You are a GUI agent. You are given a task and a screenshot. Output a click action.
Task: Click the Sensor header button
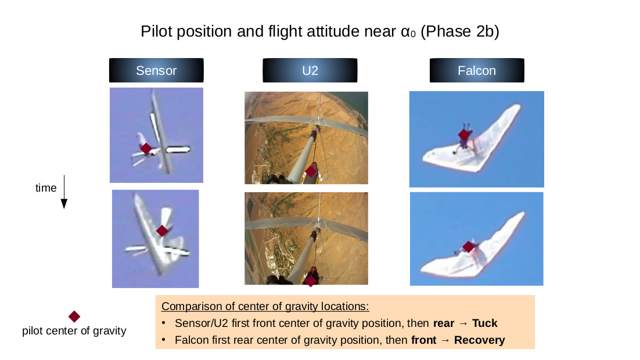coord(156,70)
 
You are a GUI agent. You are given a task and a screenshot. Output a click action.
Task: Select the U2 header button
coord(310,70)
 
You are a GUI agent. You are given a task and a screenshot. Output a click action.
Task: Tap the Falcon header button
coord(477,70)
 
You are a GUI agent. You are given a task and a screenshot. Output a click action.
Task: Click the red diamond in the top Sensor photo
coord(146,148)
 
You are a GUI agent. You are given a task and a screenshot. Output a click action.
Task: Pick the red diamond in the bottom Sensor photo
coord(162,231)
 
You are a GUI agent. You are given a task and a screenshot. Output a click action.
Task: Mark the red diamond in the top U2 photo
coord(311,171)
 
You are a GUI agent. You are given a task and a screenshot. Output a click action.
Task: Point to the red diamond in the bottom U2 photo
coord(311,281)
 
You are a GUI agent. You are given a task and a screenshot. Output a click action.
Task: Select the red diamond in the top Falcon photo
coord(464,134)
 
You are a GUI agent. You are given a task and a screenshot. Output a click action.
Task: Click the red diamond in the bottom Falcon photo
coord(469,247)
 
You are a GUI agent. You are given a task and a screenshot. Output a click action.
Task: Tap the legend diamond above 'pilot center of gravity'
coord(74,316)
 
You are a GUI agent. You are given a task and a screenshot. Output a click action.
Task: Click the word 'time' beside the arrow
coord(46,188)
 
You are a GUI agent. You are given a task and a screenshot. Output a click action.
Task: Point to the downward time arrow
coord(64,192)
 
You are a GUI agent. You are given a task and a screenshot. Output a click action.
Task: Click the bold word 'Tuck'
coord(485,323)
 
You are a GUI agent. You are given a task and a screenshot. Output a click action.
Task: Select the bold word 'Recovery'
coord(480,340)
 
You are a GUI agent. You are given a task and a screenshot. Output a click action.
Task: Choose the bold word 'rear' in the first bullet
coord(444,323)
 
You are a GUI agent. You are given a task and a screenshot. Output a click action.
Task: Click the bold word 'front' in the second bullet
coord(424,340)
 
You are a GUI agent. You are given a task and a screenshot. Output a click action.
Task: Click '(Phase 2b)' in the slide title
coord(460,31)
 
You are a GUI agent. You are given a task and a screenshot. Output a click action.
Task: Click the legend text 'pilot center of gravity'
coord(74,330)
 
